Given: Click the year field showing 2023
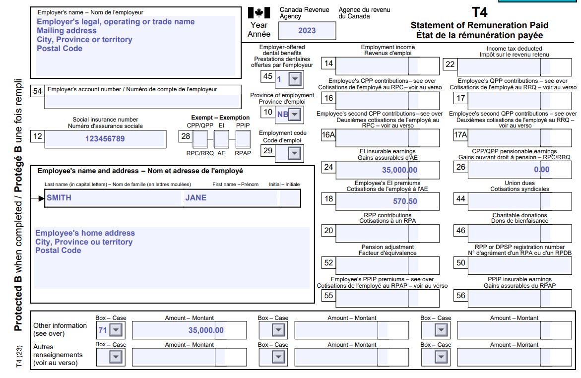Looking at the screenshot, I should click(307, 31).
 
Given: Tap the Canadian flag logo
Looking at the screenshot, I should click(258, 13).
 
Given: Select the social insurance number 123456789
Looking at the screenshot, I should click(105, 139).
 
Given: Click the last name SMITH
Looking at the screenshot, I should click(59, 197).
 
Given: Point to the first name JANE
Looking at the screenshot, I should click(195, 197).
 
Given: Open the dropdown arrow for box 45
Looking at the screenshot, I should click(295, 78).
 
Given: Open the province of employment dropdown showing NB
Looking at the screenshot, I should click(295, 115).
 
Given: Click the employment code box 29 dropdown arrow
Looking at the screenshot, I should click(295, 153).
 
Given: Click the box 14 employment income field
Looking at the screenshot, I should click(380, 66).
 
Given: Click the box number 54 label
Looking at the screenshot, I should click(37, 91).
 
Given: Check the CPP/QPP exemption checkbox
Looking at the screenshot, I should click(200, 139).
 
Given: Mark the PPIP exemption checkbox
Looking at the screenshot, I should click(243, 139).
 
